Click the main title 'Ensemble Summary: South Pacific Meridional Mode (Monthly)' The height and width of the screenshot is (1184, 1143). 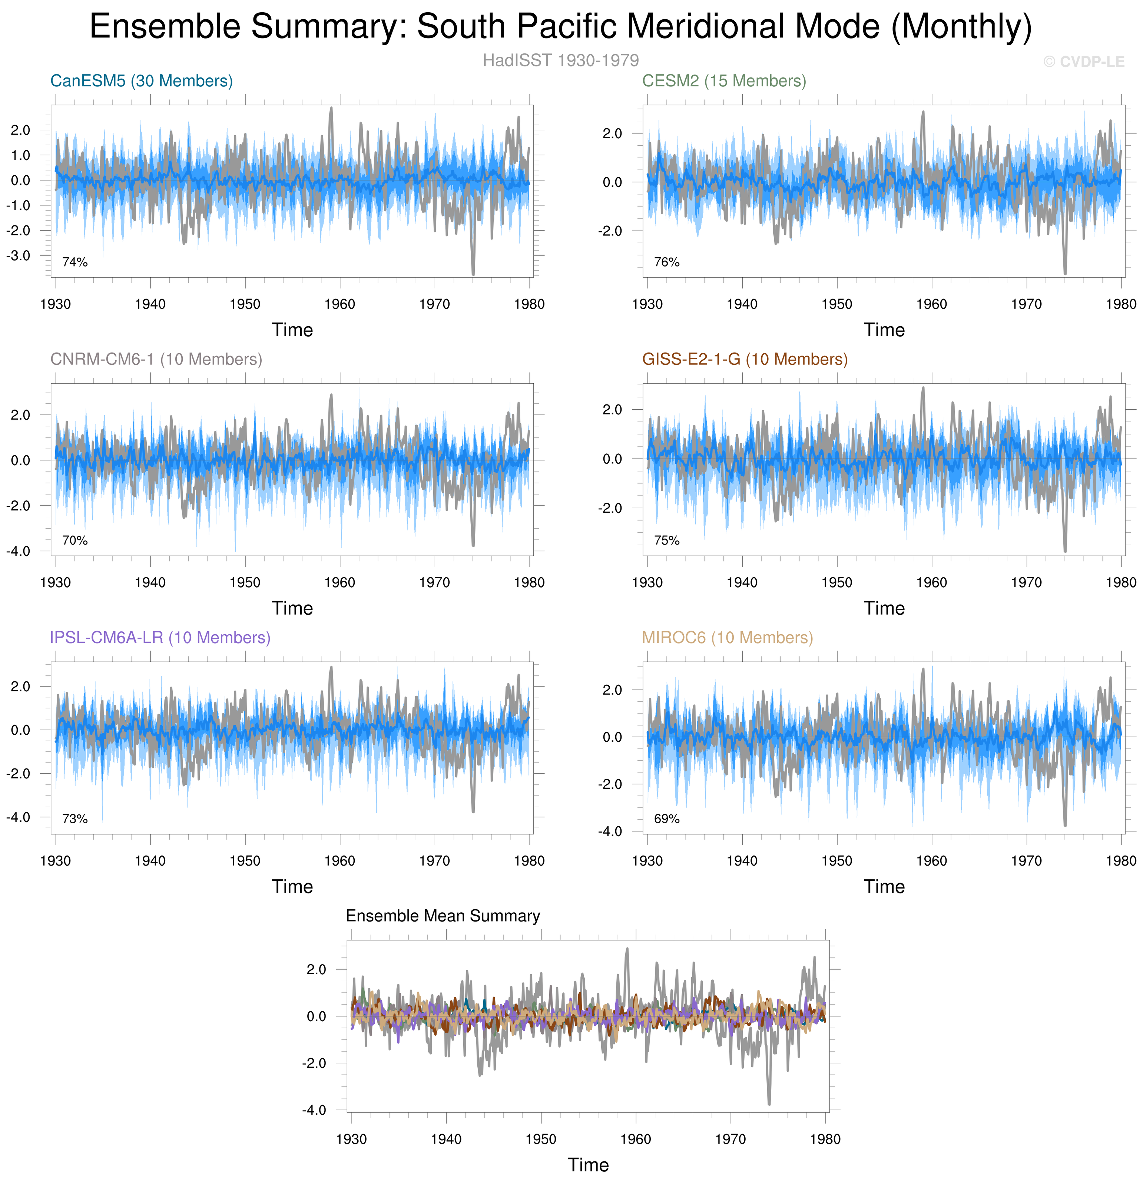[x=561, y=27]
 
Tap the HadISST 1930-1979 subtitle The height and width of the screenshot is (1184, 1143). [x=561, y=60]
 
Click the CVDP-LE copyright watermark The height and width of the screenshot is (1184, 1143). [x=1084, y=62]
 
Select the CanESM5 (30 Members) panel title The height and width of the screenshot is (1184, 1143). [x=141, y=81]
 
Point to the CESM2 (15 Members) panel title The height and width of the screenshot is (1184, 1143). [x=724, y=81]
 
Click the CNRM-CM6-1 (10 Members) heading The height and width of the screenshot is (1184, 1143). [x=156, y=360]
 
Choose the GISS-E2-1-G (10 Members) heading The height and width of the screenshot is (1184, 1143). [x=744, y=360]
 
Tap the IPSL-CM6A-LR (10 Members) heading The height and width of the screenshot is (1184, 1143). [x=160, y=638]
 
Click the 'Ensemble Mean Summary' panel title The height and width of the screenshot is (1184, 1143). [x=443, y=916]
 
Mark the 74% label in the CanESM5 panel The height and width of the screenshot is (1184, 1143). [x=75, y=262]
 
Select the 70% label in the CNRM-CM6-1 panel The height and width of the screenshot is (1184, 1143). [x=75, y=540]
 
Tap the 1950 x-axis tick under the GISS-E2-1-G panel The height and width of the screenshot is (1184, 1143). [x=837, y=583]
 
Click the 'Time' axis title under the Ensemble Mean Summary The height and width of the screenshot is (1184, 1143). [x=588, y=1165]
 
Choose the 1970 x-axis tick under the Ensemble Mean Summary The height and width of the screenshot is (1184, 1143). [x=730, y=1139]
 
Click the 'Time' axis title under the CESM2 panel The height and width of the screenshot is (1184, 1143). [x=884, y=330]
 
